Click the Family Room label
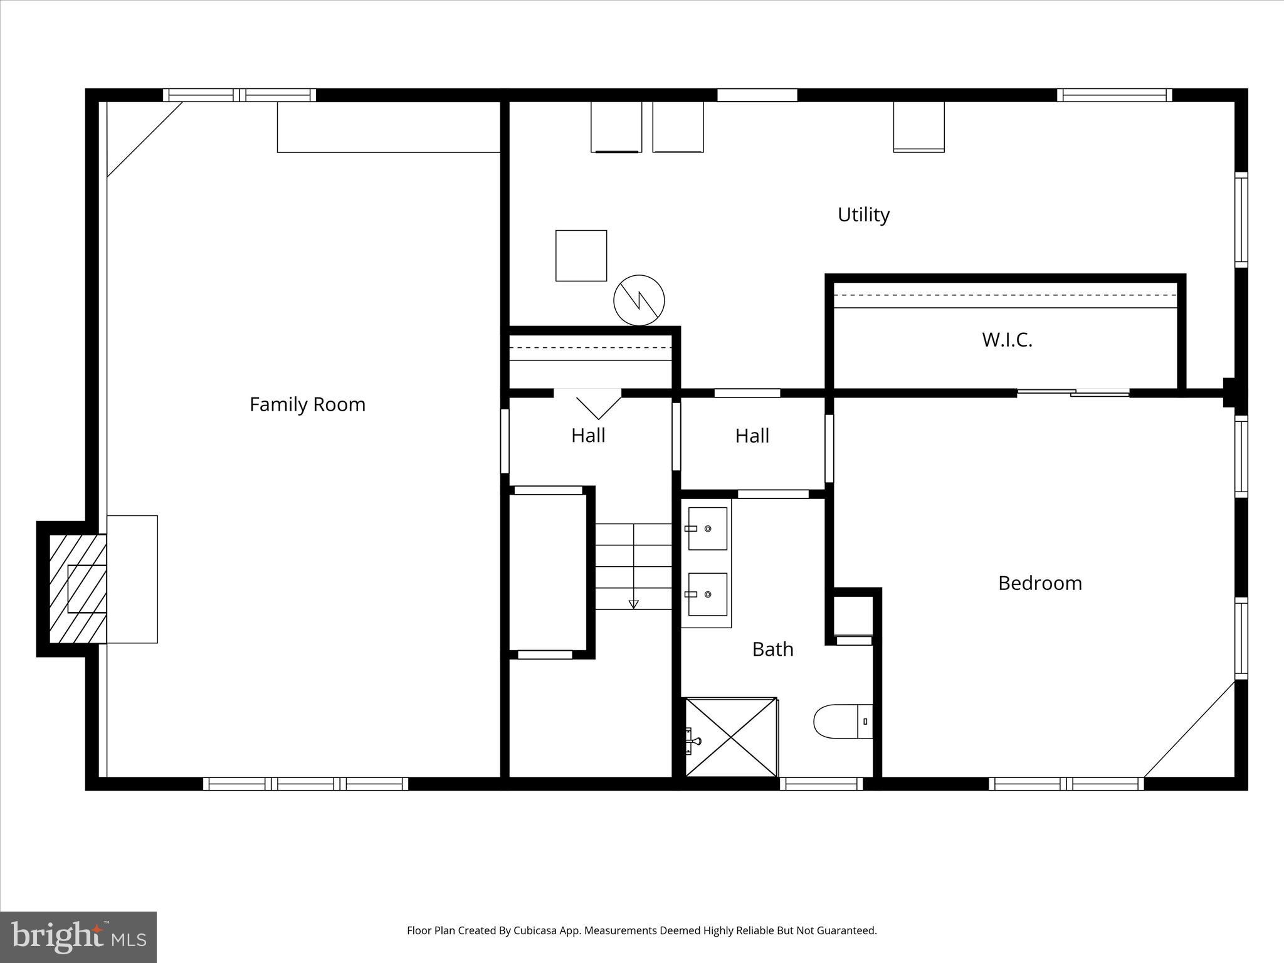pos(307,404)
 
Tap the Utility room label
pos(863,214)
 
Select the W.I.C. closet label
pos(1007,340)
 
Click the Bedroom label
pos(1039,583)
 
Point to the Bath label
pos(772,649)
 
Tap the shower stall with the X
pos(731,737)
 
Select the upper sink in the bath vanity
pos(707,529)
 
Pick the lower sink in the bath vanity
pos(707,594)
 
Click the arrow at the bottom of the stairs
pos(633,604)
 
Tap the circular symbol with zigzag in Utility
pos(639,300)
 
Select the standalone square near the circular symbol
pos(581,256)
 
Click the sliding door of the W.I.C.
pos(1073,393)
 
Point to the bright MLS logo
pos(78,937)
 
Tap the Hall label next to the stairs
pos(587,436)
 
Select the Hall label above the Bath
pos(752,436)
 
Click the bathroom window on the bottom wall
pos(821,784)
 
